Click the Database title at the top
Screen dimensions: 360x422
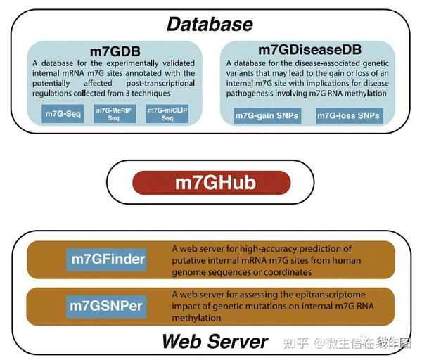tap(209, 24)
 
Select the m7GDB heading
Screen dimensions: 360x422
tap(115, 51)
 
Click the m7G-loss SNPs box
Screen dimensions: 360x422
tap(349, 115)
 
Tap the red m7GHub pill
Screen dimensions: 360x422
tap(210, 184)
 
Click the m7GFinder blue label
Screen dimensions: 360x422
tap(108, 259)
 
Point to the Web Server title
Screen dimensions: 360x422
tap(215, 342)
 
